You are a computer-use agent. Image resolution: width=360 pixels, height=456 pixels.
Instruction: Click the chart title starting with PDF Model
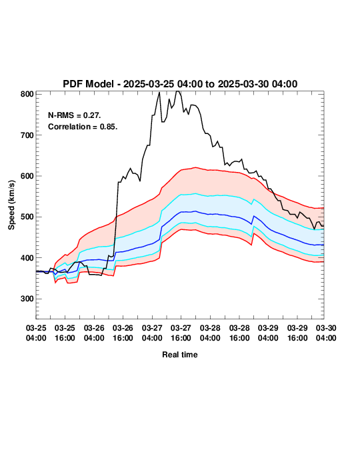pos(180,84)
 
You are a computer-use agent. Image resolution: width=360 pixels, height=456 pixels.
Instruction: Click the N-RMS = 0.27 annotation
pos(75,115)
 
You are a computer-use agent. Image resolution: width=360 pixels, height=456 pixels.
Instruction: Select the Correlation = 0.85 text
pos(83,127)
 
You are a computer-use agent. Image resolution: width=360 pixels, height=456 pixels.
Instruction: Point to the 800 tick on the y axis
pos(27,94)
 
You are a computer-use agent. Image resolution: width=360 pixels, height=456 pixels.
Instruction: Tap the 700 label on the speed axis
pos(27,135)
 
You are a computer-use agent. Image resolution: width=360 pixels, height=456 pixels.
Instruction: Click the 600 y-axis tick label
pos(27,176)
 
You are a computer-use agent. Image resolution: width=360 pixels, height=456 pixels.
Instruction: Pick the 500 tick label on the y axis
pos(27,217)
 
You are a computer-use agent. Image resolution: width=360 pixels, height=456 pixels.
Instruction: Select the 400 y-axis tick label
pos(27,258)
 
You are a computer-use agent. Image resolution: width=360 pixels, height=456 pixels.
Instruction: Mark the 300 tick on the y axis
pos(27,299)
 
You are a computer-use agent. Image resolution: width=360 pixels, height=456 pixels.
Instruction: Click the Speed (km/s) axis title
pos(11,205)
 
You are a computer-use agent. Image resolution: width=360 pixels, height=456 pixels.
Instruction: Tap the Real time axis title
pos(180,355)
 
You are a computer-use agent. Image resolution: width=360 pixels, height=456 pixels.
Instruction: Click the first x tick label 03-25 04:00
pos(36,333)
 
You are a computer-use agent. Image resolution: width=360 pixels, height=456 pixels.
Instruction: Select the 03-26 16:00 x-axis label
pos(123,333)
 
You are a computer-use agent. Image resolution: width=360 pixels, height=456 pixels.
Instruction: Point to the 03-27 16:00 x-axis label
pos(181,333)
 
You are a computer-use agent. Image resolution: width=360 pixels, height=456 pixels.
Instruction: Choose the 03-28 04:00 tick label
pos(210,333)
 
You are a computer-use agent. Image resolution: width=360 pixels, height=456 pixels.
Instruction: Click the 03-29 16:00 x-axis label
pos(297,333)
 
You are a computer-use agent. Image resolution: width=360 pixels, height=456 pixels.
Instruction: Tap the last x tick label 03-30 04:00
pos(326,333)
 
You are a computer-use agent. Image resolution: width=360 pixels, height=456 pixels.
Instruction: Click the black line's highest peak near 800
pos(178,91)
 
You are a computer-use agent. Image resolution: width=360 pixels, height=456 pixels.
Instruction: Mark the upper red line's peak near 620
pos(195,167)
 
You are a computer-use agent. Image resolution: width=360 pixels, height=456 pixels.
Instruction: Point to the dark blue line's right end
pos(323,245)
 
